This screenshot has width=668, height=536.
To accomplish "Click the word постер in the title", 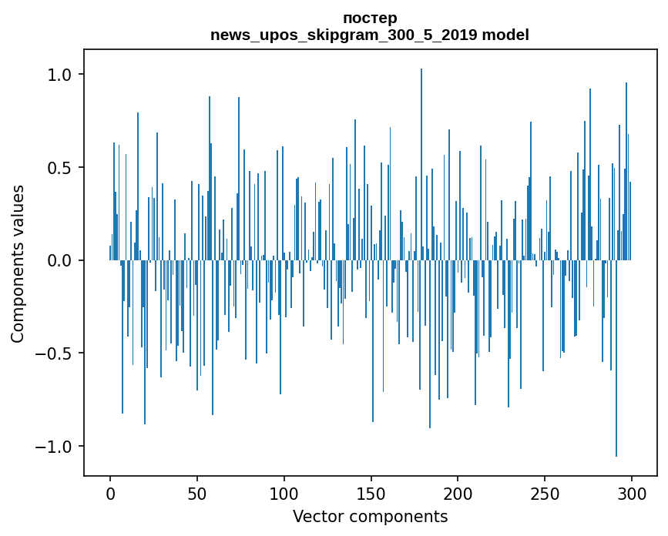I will point(369,18).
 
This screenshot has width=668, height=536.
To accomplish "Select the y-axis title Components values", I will point(18,263).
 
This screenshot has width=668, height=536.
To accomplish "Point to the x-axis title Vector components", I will point(370,516).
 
